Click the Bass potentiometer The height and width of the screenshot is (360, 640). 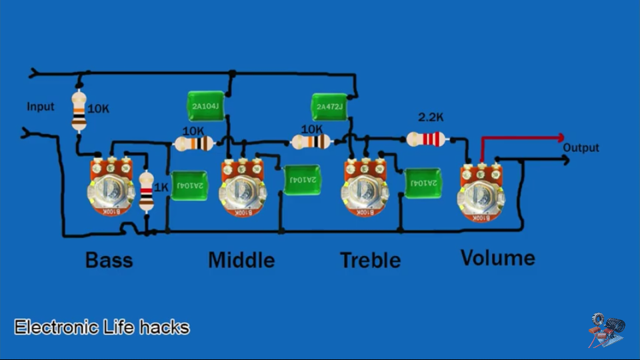(111, 191)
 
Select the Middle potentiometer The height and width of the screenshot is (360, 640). (242, 191)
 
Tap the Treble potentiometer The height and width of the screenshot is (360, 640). (365, 191)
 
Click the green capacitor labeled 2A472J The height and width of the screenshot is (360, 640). (329, 107)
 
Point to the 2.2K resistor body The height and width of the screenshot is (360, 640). (426, 139)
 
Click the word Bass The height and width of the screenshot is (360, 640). (109, 259)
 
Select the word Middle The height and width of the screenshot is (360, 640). (241, 259)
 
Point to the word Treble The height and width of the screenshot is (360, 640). (370, 259)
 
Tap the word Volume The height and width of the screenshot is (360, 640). (497, 258)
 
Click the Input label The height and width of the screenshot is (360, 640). (41, 107)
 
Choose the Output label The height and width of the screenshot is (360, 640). (581, 148)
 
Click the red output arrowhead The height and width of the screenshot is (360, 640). (561, 138)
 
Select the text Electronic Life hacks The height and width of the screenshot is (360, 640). (102, 327)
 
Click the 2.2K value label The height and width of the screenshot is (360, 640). (431, 117)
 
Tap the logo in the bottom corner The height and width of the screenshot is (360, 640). (606, 330)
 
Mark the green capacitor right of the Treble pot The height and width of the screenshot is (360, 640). (423, 183)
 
